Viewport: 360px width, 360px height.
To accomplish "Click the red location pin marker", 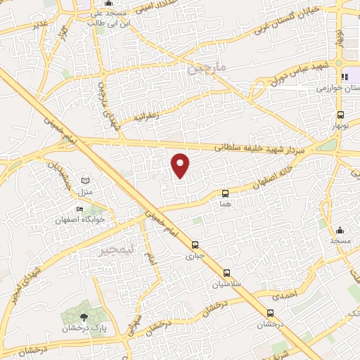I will [x=181, y=165].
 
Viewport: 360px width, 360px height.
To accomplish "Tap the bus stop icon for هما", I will [x=225, y=193].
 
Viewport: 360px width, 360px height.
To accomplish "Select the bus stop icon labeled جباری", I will [x=194, y=245].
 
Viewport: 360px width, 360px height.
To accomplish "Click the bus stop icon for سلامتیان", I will [x=226, y=273].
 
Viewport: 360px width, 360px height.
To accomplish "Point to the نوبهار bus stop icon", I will [x=340, y=115].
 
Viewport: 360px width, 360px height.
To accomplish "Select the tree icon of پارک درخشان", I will [x=84, y=317].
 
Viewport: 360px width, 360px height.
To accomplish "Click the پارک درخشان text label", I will [x=78, y=328].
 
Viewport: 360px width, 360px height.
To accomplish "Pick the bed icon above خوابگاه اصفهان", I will [x=79, y=209].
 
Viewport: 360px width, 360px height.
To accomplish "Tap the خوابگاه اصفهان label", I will [x=80, y=219].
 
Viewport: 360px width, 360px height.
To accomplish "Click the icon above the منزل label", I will [x=86, y=181].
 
